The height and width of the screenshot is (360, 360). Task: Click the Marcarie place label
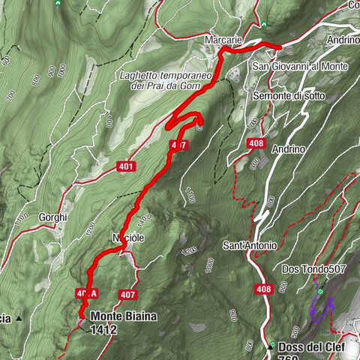coord(223,40)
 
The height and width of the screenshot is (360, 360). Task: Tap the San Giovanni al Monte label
coord(299,67)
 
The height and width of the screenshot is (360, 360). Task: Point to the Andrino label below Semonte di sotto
coord(289,148)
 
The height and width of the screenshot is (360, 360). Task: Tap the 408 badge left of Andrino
coord(256,142)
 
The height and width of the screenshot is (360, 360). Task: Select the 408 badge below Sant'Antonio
coord(263,289)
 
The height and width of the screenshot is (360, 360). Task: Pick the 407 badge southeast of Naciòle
coord(127,295)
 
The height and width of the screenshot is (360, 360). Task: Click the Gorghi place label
coord(53,217)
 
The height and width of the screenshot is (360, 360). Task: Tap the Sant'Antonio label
coord(250,245)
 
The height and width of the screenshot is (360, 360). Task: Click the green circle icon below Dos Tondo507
coord(320,291)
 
